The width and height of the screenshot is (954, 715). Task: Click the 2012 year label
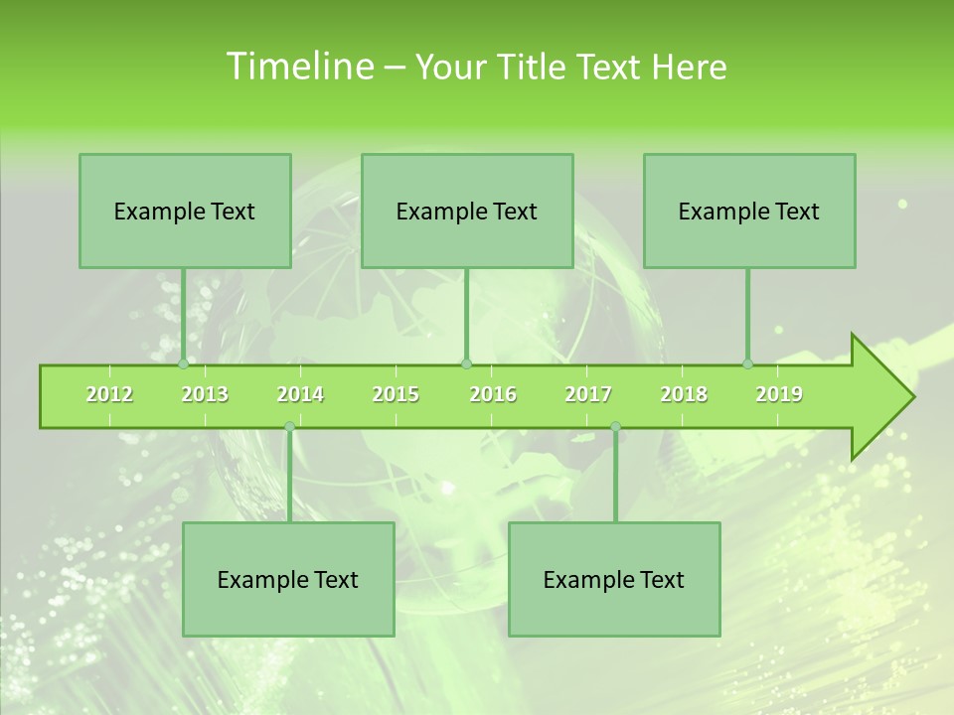[109, 394]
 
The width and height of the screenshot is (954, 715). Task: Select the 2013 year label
[205, 394]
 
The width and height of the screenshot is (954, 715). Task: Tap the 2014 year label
[300, 394]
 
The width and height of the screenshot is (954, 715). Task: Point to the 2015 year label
[396, 394]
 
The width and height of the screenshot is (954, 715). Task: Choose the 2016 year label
[493, 394]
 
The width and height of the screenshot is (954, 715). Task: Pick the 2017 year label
[588, 394]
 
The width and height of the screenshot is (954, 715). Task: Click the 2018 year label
[684, 394]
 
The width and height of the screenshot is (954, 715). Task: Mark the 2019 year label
[779, 394]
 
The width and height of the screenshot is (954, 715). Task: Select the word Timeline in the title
[298, 67]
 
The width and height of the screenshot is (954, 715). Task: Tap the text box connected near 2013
[185, 211]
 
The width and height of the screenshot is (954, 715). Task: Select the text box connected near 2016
[467, 211]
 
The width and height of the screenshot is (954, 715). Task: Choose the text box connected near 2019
[749, 211]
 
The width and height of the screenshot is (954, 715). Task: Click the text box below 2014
[288, 579]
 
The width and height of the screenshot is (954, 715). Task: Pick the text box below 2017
[614, 579]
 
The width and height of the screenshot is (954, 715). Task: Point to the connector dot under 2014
[289, 426]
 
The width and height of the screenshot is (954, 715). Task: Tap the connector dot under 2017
[615, 426]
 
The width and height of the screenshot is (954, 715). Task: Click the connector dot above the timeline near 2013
[183, 363]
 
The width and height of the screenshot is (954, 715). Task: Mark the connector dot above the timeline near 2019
[747, 363]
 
